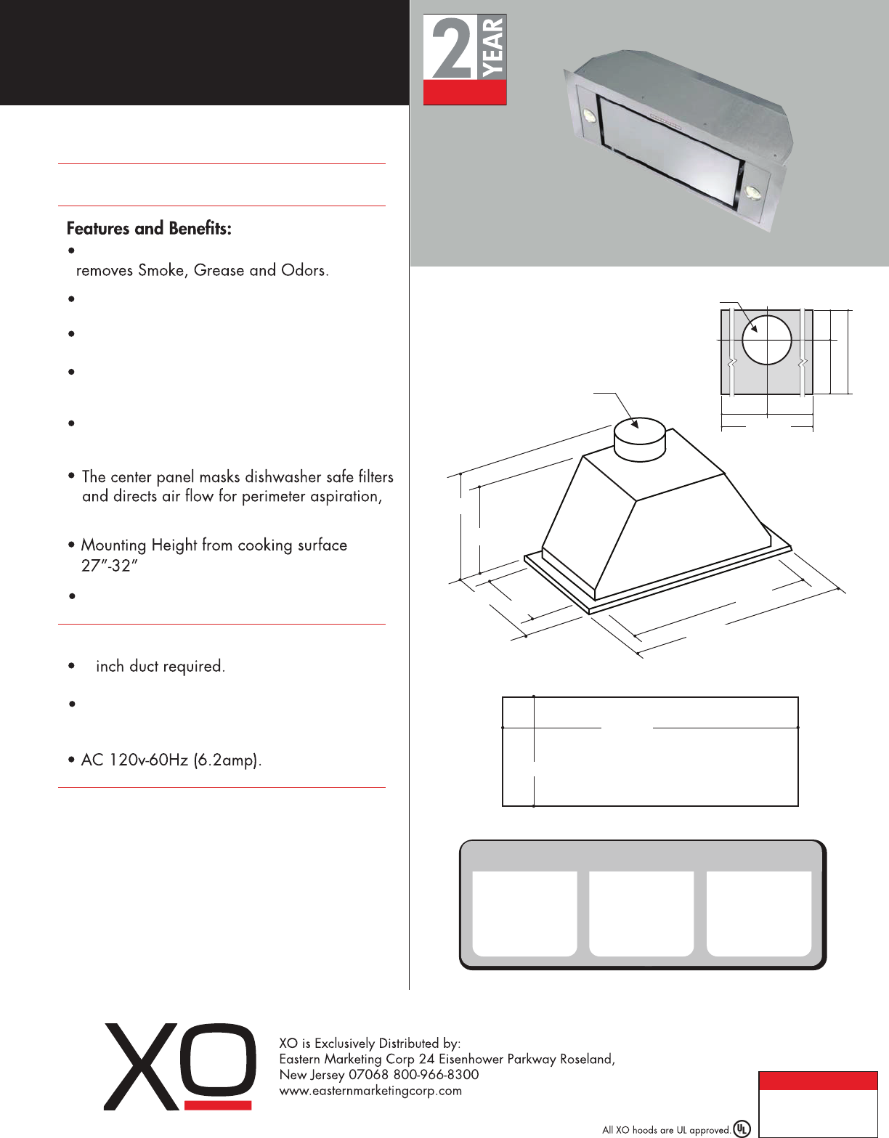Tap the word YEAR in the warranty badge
(492, 46)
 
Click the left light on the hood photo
(589, 115)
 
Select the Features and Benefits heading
(149, 229)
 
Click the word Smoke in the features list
(161, 271)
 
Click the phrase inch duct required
(160, 667)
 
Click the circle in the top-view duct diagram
(766, 339)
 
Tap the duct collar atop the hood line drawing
(640, 439)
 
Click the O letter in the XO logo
(217, 1060)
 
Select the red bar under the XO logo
(218, 1105)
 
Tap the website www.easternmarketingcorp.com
(370, 1091)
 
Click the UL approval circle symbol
(742, 1129)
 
